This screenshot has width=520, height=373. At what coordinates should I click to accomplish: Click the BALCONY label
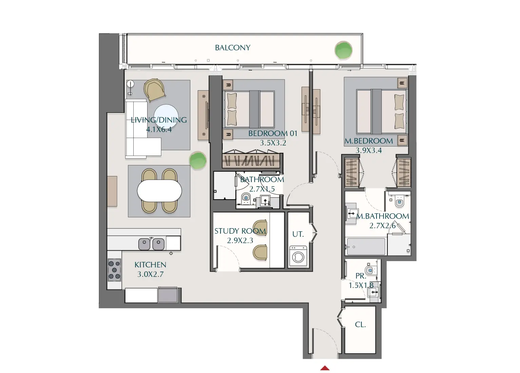[233, 48]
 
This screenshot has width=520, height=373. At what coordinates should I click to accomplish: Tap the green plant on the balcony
[343, 50]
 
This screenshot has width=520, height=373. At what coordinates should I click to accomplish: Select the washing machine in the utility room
[298, 256]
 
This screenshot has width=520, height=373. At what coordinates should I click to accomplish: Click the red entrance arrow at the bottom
[325, 368]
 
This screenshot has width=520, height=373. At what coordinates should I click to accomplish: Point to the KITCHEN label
[150, 265]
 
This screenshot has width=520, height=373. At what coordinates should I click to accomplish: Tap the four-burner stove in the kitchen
[114, 270]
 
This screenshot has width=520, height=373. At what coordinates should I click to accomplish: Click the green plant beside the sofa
[197, 160]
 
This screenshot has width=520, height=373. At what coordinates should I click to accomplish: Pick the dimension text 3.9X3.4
[368, 151]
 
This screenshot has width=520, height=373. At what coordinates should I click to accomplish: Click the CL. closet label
[360, 325]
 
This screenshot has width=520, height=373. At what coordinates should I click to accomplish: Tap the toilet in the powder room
[370, 270]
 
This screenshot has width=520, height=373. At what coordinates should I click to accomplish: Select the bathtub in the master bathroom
[366, 247]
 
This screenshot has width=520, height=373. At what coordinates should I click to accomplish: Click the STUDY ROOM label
[240, 231]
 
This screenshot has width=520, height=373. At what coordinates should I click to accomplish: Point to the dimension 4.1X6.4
[159, 130]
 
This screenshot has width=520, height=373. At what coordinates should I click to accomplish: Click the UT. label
[298, 234]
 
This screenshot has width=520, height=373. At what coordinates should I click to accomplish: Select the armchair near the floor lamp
[155, 90]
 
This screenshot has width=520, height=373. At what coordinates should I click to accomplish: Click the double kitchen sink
[151, 244]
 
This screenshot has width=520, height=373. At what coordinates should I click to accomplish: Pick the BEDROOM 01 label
[272, 134]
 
